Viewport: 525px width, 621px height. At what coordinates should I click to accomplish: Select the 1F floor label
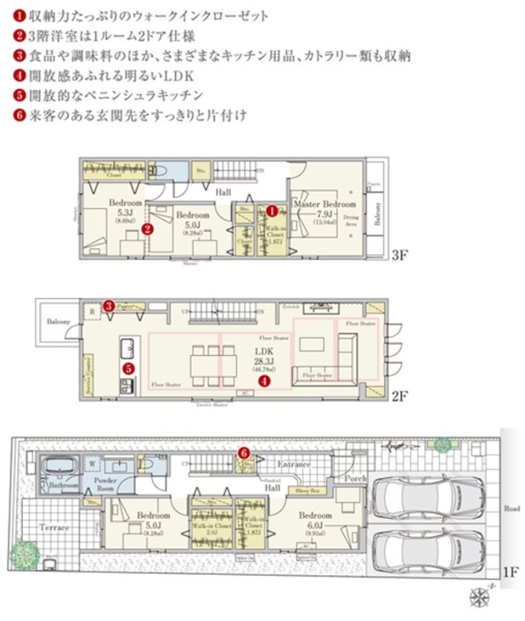pyautogui.click(x=510, y=571)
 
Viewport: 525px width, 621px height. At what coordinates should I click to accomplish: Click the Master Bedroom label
pyautogui.click(x=325, y=205)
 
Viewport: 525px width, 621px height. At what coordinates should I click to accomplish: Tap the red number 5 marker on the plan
pyautogui.click(x=128, y=368)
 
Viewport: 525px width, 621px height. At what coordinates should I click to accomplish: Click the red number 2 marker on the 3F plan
pyautogui.click(x=146, y=226)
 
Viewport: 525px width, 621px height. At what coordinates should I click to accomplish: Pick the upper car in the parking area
pyautogui.click(x=423, y=497)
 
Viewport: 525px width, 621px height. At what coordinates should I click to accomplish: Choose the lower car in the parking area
pyautogui.click(x=423, y=550)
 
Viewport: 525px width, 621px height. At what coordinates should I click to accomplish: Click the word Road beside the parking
pyautogui.click(x=512, y=509)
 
